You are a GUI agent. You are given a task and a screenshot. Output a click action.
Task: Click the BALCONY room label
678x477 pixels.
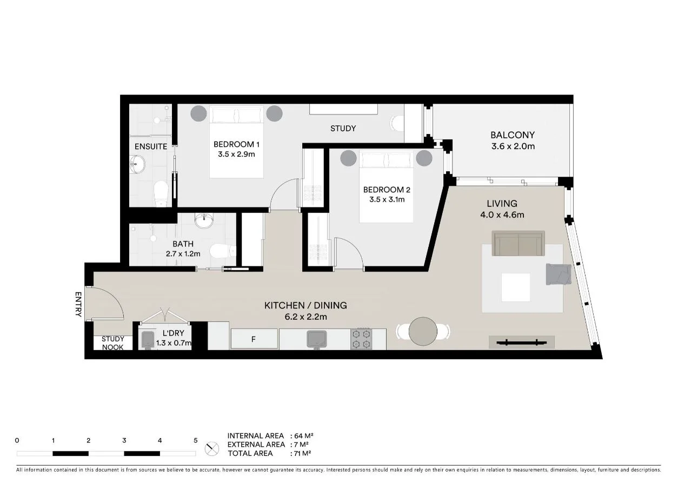point(512,135)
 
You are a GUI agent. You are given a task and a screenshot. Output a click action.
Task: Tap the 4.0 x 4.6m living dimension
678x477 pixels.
point(502,214)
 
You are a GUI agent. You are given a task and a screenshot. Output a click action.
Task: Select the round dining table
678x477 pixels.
point(423,331)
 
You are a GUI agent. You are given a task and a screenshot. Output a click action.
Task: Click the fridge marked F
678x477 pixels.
point(254,339)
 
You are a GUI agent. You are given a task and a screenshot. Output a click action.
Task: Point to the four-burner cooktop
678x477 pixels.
point(361,339)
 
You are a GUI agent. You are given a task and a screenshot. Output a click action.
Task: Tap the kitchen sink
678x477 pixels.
point(316,339)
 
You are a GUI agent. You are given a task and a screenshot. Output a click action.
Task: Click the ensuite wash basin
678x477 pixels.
point(138,164)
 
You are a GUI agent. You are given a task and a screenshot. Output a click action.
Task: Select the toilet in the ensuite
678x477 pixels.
point(161,193)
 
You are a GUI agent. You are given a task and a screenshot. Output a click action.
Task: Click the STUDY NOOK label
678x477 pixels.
point(113,343)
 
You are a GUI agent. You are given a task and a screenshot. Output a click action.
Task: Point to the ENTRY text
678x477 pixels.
point(78,304)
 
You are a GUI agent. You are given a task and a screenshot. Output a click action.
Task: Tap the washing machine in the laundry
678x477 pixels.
point(148,339)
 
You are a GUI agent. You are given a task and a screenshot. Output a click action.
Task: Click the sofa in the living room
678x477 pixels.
point(518,244)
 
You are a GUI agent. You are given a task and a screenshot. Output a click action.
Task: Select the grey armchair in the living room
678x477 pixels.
point(558,274)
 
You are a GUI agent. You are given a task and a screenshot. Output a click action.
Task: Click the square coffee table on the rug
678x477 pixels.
point(515,287)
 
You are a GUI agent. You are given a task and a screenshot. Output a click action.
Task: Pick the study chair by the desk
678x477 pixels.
point(397,124)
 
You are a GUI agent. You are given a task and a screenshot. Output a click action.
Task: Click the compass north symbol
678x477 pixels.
point(212,448)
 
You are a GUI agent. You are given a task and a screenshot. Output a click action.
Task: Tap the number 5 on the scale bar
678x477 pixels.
point(196,440)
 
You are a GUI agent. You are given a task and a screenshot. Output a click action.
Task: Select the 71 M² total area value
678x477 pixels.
point(303,453)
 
